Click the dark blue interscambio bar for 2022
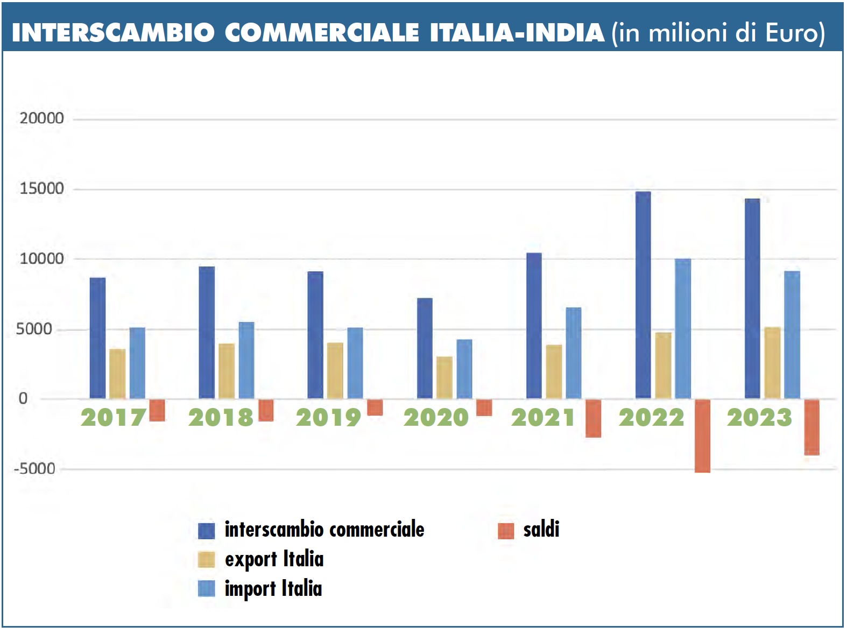point(643,295)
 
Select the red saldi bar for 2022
point(702,436)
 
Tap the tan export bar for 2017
point(117,374)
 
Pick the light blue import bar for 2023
point(792,335)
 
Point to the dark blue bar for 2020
point(425,348)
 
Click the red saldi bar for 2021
point(593,418)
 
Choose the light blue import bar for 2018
point(246,360)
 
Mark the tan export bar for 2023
point(772,363)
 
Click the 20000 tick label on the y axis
point(41,118)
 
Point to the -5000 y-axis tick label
point(35,469)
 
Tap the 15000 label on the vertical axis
point(41,188)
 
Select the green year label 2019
point(328,418)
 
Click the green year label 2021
point(543,418)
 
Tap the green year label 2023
point(759,418)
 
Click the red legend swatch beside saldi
point(506,531)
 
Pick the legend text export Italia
point(274,559)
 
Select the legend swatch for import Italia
point(207,589)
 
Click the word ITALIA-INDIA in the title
point(517,32)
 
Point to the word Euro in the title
point(791,32)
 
